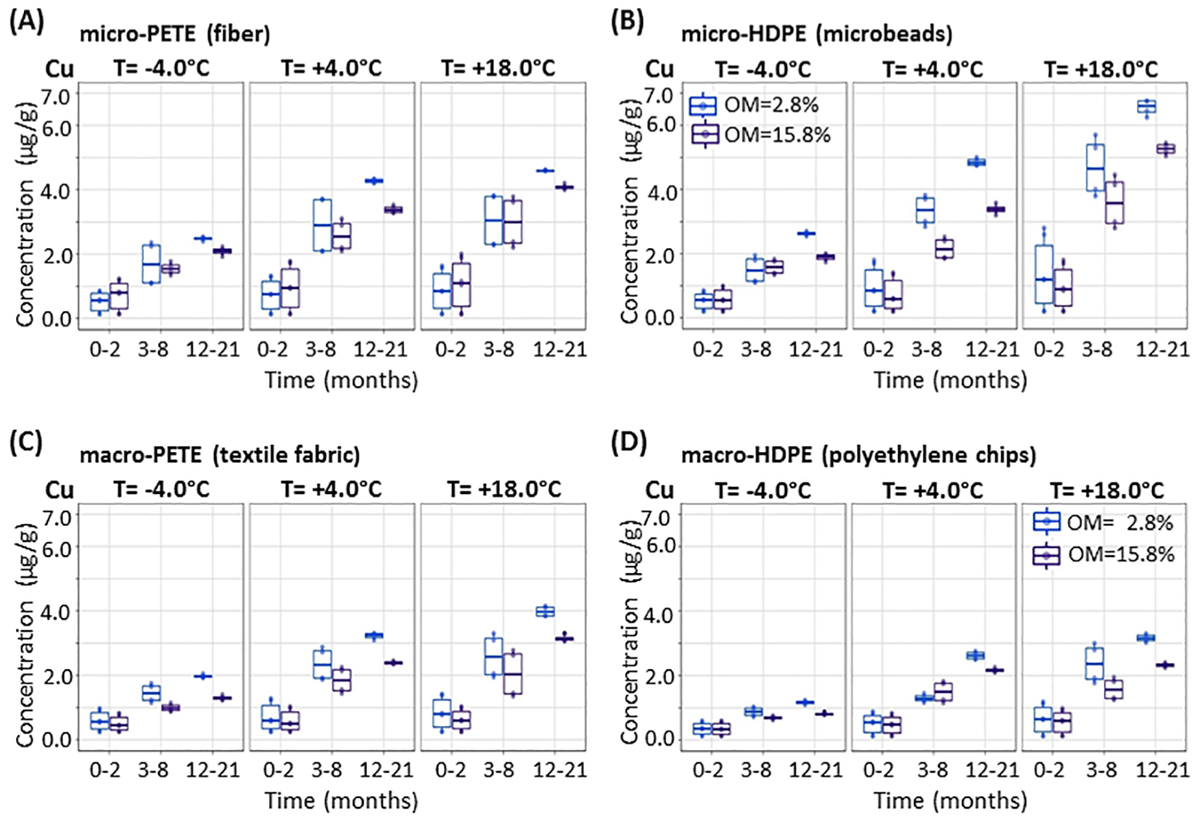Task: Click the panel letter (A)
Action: [26, 21]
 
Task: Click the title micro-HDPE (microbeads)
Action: [816, 33]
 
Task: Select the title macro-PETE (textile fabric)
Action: [220, 455]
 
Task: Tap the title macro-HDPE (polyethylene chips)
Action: [858, 455]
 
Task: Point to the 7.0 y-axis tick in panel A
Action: [57, 96]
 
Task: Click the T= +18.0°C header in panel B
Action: [1101, 70]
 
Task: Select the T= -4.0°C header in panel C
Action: [161, 490]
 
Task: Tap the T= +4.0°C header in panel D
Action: [932, 490]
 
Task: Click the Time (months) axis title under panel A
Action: [341, 379]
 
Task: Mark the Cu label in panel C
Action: [59, 490]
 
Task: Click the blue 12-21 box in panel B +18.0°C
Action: [1146, 107]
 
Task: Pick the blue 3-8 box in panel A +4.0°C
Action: [322, 225]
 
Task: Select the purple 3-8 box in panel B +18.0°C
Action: [1114, 202]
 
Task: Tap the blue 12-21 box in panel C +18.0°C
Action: [545, 612]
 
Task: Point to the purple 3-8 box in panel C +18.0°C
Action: [512, 673]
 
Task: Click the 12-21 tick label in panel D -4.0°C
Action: [815, 769]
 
